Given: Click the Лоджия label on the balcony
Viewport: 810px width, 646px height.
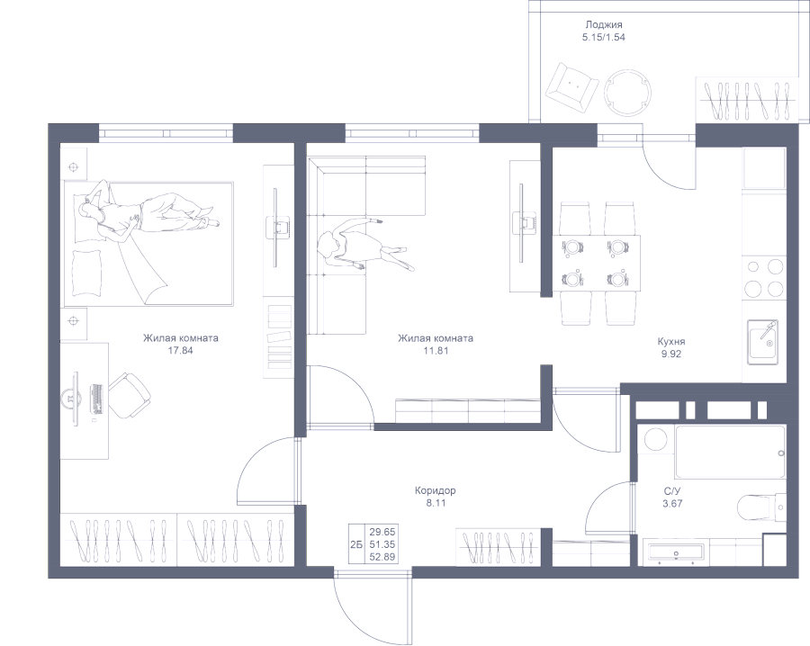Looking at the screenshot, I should pyautogui.click(x=604, y=26).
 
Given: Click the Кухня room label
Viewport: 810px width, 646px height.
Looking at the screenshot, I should pyautogui.click(x=670, y=342).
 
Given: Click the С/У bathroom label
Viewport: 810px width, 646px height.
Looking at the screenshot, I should pyautogui.click(x=671, y=490).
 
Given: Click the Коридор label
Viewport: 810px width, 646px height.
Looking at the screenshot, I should pyautogui.click(x=436, y=491).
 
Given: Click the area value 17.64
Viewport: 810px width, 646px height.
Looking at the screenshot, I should pyautogui.click(x=181, y=351).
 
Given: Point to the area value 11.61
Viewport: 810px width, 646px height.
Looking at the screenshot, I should pyautogui.click(x=436, y=351).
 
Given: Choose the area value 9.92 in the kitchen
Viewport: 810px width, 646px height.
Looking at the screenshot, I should pyautogui.click(x=670, y=354).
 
